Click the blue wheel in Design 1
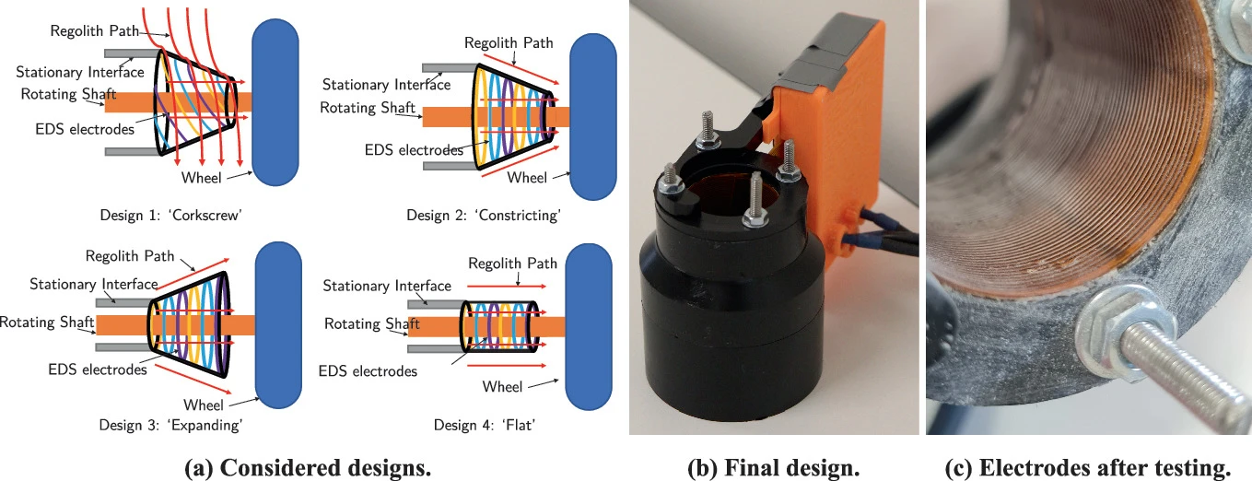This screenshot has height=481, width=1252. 275,102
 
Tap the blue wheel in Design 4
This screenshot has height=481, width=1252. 588,326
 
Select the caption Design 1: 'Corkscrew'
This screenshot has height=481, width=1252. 170,216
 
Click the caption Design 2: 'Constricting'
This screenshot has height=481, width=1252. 484,216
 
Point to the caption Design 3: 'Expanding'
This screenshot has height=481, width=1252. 170,425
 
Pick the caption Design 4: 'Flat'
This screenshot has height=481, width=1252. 485,425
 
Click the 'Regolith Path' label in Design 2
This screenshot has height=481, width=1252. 509,43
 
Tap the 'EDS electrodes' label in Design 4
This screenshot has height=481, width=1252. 368,371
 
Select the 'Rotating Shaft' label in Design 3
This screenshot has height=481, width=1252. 47,323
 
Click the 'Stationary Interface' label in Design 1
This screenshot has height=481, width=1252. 80,72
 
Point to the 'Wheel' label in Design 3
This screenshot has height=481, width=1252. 204,405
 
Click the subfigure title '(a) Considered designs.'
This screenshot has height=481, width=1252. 308,467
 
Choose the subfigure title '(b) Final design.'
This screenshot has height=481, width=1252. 774,467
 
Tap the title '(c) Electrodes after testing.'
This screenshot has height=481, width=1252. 1088,467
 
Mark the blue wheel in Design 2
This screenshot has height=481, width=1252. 593,117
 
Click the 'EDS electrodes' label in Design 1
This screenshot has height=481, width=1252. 85,130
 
